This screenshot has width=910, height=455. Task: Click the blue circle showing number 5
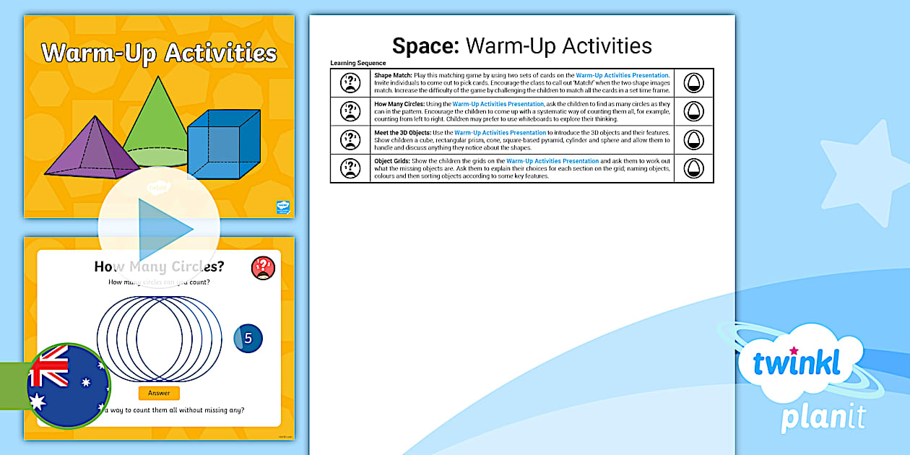click(248, 338)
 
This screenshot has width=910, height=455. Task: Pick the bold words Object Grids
click(393, 161)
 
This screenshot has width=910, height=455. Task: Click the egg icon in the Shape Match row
click(693, 83)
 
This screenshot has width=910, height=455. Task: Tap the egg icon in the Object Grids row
click(693, 168)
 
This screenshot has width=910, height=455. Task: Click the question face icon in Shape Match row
click(350, 83)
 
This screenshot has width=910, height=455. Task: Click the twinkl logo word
click(797, 363)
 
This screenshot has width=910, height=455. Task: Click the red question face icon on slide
click(263, 268)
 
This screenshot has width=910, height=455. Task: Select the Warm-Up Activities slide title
click(159, 53)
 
